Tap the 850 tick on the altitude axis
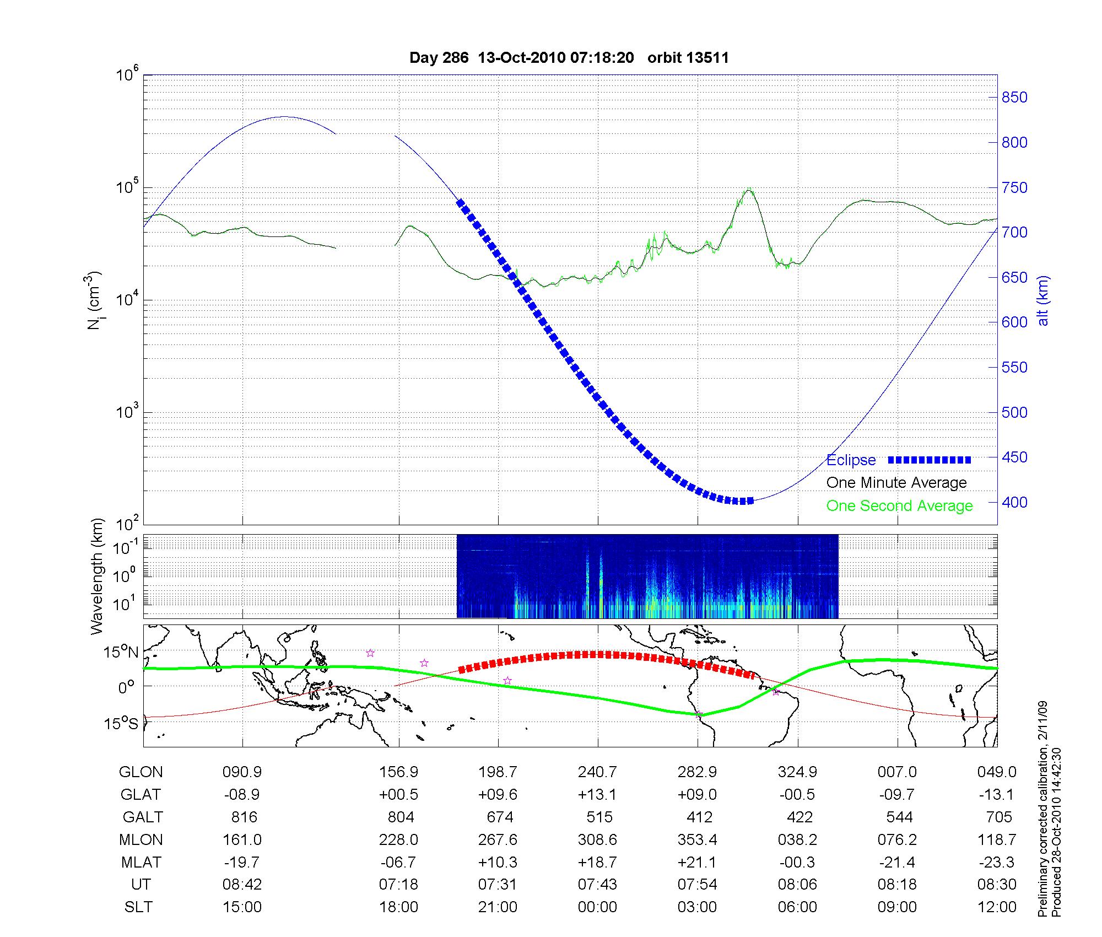(1014, 98)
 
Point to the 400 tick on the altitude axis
(1014, 503)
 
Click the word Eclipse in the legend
(851, 460)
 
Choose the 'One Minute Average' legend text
(896, 483)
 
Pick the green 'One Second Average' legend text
(899, 506)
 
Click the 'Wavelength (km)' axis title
(98, 577)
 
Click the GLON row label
(141, 772)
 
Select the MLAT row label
(141, 862)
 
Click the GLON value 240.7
(597, 772)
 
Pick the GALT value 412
(699, 817)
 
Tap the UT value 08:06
(797, 885)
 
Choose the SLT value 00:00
(597, 907)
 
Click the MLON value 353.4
(698, 839)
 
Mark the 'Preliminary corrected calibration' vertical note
(1042, 810)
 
